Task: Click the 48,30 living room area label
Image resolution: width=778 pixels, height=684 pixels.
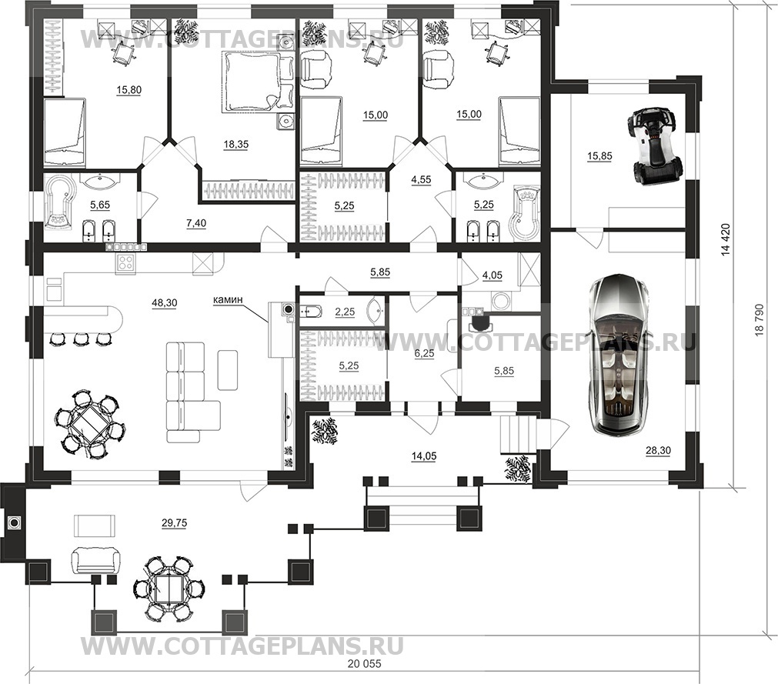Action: pyautogui.click(x=163, y=302)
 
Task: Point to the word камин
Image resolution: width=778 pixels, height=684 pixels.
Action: pyautogui.click(x=228, y=299)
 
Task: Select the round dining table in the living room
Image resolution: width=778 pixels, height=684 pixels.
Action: pyautogui.click(x=90, y=425)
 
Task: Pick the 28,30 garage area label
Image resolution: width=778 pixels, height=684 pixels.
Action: pyautogui.click(x=658, y=450)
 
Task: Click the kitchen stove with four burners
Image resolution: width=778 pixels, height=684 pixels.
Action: pyautogui.click(x=126, y=262)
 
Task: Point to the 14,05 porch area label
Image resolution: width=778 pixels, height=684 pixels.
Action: pyautogui.click(x=424, y=455)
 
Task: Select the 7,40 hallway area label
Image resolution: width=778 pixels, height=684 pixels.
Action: pyautogui.click(x=196, y=223)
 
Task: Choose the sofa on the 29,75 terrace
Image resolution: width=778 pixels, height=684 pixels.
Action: pyautogui.click(x=95, y=559)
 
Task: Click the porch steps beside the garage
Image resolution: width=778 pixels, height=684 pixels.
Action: pyautogui.click(x=518, y=435)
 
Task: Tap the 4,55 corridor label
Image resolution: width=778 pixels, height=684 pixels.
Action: pyautogui.click(x=421, y=180)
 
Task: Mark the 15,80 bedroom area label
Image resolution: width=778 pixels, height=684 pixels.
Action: pyautogui.click(x=129, y=90)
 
